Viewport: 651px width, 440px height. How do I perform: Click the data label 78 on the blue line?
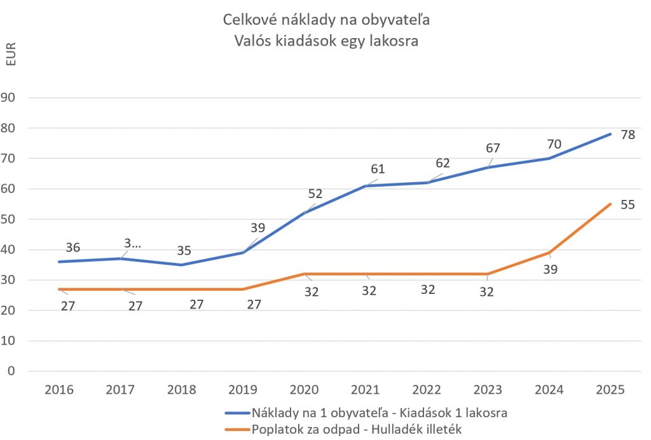pos(627,135)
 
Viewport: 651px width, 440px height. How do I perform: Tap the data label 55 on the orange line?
pos(627,205)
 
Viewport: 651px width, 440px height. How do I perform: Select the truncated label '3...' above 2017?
pos(132,244)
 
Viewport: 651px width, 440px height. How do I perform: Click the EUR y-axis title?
pos(11,55)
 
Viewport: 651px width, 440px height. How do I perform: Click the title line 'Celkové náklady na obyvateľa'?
pos(327,20)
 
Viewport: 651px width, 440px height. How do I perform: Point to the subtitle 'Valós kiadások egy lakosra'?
pos(327,41)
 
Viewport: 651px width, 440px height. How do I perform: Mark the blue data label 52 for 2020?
pos(315,194)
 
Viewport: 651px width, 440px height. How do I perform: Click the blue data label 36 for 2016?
pos(72,248)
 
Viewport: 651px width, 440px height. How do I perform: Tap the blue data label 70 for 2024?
pos(554,144)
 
